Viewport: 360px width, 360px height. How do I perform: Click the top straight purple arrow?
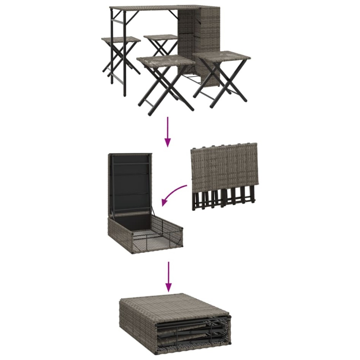point(167,132)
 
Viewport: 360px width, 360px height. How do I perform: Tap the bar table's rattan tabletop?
point(160,8)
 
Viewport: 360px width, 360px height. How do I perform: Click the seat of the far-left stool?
point(121,40)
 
